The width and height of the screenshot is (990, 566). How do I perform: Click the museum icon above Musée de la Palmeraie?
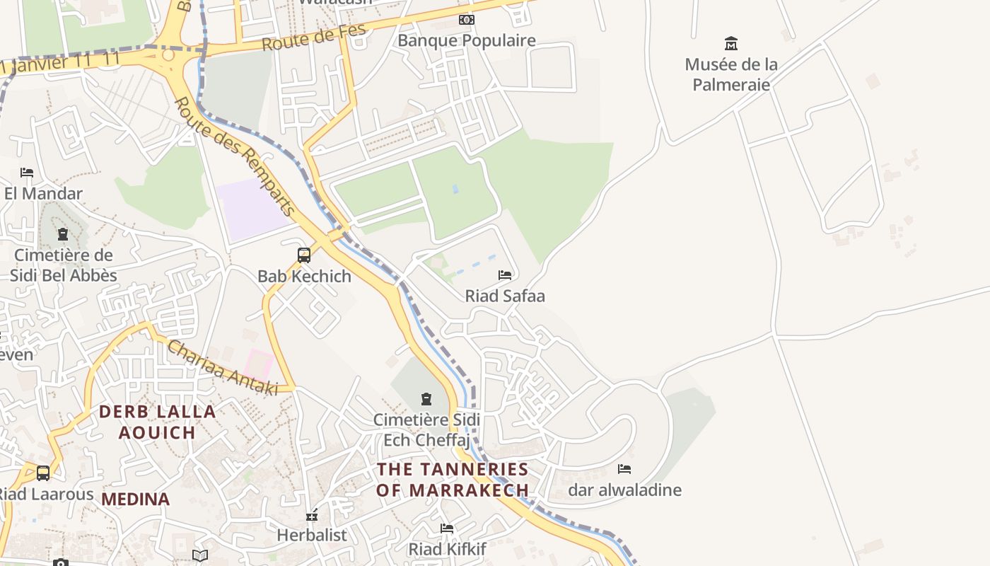(731, 44)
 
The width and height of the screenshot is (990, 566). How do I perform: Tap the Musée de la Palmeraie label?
(731, 74)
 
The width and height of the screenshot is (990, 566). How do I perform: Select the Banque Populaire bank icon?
(467, 20)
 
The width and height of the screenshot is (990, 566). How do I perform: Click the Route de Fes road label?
(314, 37)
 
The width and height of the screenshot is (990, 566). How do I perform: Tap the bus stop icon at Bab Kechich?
(304, 255)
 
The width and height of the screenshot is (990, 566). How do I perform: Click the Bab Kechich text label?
(304, 277)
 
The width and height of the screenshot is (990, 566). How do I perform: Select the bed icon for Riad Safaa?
(505, 275)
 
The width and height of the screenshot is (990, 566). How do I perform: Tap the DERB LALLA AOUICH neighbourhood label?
(157, 422)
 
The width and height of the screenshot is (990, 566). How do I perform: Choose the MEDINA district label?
(135, 499)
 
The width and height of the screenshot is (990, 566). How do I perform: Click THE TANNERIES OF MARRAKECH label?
(453, 479)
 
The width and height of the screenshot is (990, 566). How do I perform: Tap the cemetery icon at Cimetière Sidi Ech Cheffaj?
(426, 399)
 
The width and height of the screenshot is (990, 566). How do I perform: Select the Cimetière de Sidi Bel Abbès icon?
(63, 234)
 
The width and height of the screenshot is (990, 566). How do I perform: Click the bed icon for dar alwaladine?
(624, 469)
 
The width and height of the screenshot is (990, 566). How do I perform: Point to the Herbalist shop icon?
(312, 516)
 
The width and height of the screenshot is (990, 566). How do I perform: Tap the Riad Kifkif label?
(447, 549)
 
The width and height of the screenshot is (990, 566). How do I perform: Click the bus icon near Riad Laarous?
(43, 473)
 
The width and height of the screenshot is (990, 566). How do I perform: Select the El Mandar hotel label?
(43, 193)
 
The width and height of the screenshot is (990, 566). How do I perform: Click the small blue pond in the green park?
(455, 189)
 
